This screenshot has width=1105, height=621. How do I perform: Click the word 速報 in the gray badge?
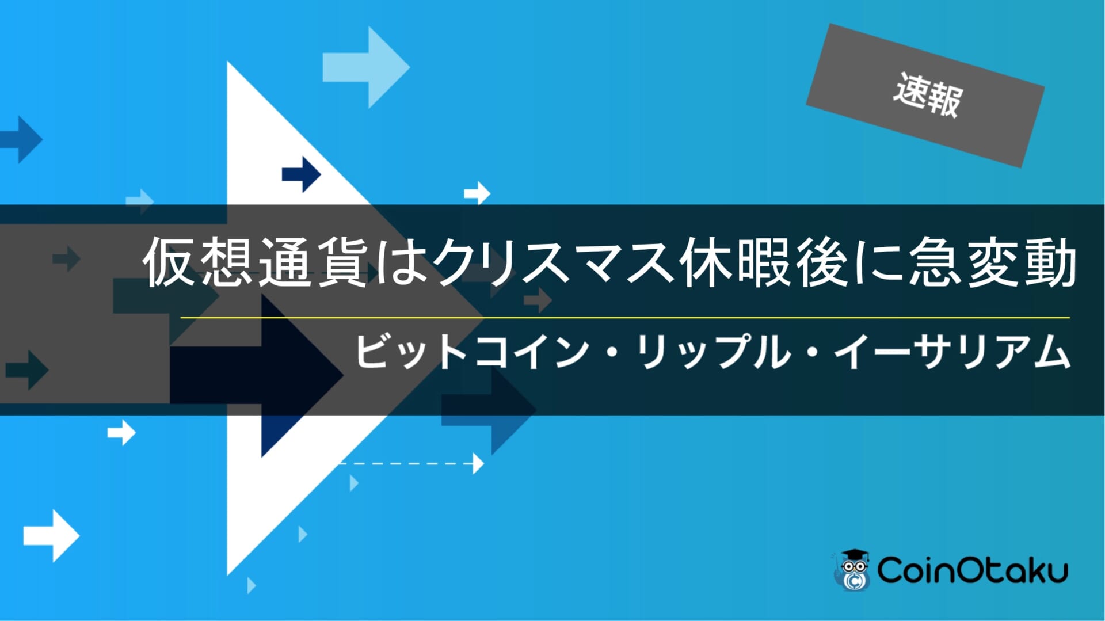(928, 95)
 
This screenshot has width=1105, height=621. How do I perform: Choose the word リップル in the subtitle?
(714, 352)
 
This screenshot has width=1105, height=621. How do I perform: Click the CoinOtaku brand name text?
(973, 570)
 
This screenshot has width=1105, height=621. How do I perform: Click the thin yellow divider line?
(625, 317)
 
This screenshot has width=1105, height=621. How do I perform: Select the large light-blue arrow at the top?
(366, 67)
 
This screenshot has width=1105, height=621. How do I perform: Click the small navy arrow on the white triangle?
(301, 174)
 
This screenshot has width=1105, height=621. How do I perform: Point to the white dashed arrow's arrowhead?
(478, 463)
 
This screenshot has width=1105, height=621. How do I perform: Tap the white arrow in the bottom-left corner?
(51, 536)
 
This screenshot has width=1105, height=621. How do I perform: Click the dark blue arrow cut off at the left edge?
(21, 139)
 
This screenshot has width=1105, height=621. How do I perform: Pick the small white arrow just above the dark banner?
(477, 193)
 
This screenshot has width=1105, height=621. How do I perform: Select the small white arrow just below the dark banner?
(121, 432)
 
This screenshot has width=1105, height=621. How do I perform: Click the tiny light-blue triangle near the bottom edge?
(251, 585)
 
